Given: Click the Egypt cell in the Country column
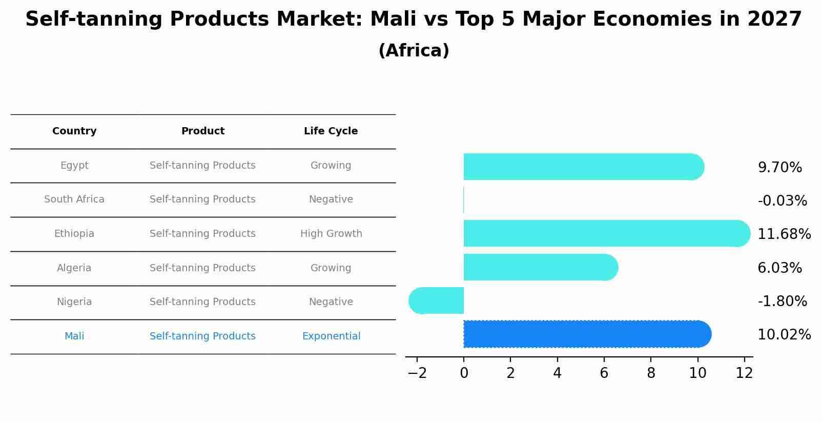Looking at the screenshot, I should [x=74, y=166].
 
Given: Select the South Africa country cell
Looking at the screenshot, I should [x=74, y=199].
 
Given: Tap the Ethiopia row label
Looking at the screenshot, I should [x=74, y=234].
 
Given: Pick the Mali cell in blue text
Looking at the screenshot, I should [x=74, y=336].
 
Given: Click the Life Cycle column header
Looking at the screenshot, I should [x=331, y=131].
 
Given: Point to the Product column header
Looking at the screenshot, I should [x=203, y=131].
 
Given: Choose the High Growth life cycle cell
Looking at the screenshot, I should [x=331, y=234].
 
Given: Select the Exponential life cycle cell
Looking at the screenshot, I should [x=331, y=336].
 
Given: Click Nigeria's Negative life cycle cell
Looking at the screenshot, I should [x=331, y=302].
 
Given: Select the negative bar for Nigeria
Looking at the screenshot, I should [x=436, y=301].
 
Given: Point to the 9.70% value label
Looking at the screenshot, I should [x=779, y=168].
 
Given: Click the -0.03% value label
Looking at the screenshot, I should [x=782, y=201].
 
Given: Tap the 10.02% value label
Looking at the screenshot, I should [x=784, y=335].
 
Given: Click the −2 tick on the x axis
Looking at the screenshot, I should [x=417, y=373].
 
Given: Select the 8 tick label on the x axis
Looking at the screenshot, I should [x=651, y=373].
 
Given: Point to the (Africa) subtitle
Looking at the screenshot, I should [x=414, y=51].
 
